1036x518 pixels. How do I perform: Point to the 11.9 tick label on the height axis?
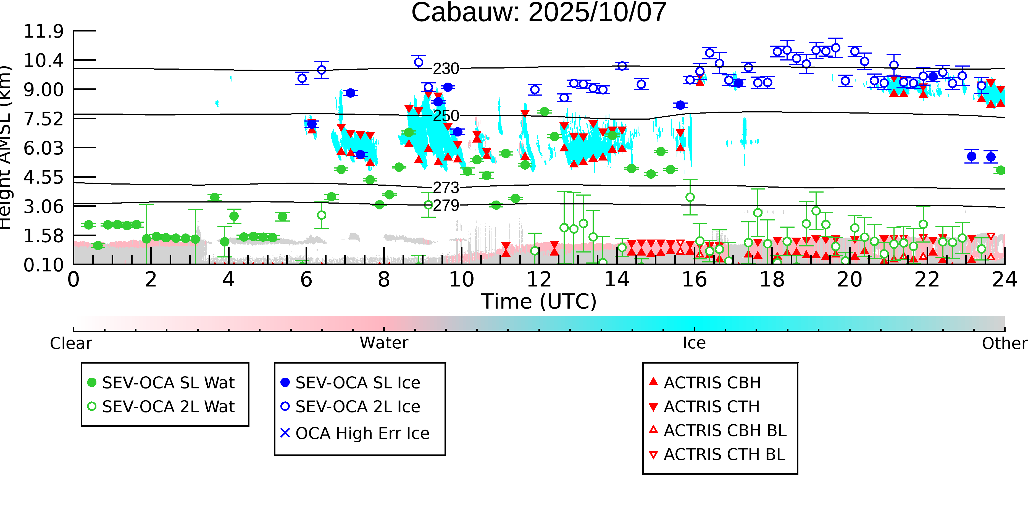coord(43,31)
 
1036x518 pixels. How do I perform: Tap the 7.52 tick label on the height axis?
coord(43,119)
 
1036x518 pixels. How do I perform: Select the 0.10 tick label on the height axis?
coord(43,265)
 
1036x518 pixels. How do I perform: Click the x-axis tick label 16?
coord(694,280)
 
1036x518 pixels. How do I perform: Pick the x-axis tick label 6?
coord(306,280)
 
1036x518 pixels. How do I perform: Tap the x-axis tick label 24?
coord(1004,280)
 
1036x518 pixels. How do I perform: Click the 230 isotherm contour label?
coord(446,69)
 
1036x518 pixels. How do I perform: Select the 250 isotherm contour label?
coord(446,116)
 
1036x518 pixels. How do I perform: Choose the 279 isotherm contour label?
coord(446,206)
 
